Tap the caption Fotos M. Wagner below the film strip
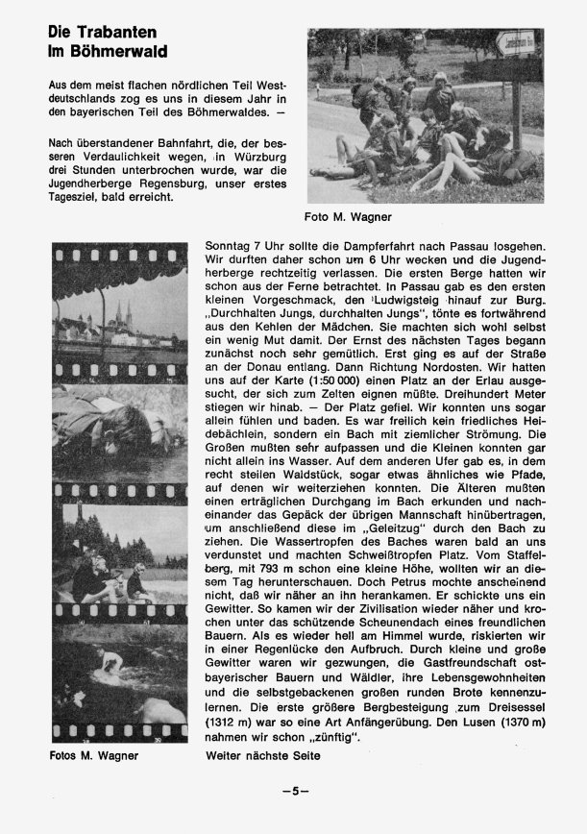pyautogui.click(x=94, y=755)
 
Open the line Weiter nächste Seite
pyautogui.click(x=263, y=756)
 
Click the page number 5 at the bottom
pyautogui.click(x=294, y=792)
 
